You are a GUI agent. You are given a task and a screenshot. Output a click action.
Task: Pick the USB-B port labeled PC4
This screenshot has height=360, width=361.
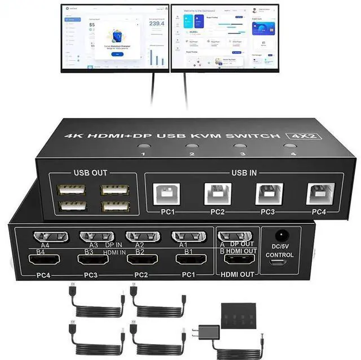click(320, 194)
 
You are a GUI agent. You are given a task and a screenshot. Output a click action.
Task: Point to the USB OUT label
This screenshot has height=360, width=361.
click(90, 173)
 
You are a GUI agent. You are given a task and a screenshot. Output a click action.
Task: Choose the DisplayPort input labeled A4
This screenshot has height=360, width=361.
click(51, 238)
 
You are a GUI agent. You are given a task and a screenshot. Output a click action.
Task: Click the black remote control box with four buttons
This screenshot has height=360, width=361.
click(240, 314)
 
